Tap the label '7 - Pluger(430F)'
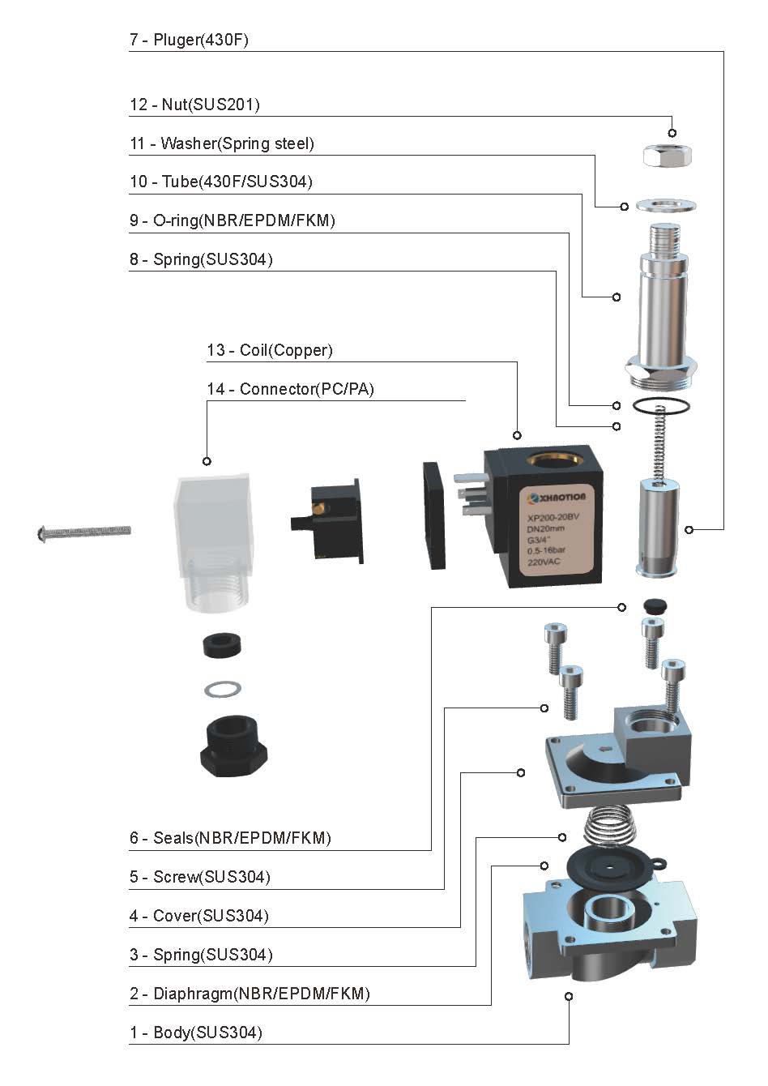tap(189, 40)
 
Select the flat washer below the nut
tap(666, 205)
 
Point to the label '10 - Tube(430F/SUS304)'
tap(221, 182)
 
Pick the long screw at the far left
tap(84, 532)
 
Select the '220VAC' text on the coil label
tap(545, 562)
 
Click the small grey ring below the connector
tap(222, 690)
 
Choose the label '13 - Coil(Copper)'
tap(270, 350)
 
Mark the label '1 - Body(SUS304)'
tap(196, 1033)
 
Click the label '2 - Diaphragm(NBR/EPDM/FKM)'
tap(250, 994)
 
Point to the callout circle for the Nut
tap(672, 133)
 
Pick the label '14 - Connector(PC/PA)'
tap(291, 389)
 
